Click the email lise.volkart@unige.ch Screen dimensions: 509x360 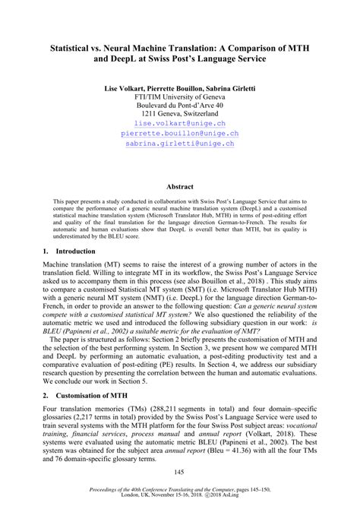pos(179,122)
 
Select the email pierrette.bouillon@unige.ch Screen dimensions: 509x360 pos(179,132)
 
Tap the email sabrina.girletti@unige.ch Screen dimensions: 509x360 pos(179,142)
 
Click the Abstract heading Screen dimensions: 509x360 pos(179,186)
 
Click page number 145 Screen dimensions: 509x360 pos(179,473)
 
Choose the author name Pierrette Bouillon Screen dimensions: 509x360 pos(175,89)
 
